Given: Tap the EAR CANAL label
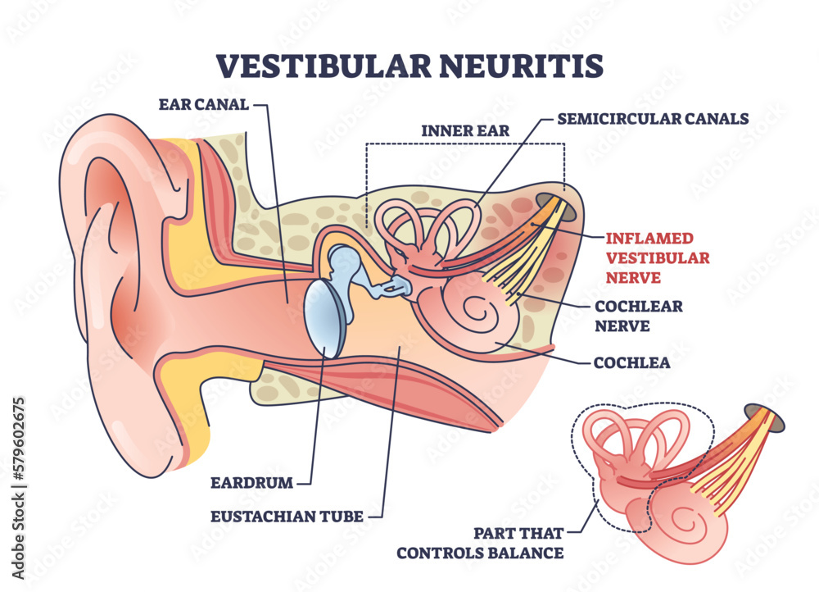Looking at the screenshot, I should coord(204,104).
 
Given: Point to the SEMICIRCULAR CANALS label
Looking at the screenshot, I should coord(653,118).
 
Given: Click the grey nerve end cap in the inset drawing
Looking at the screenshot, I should coord(775,417).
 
